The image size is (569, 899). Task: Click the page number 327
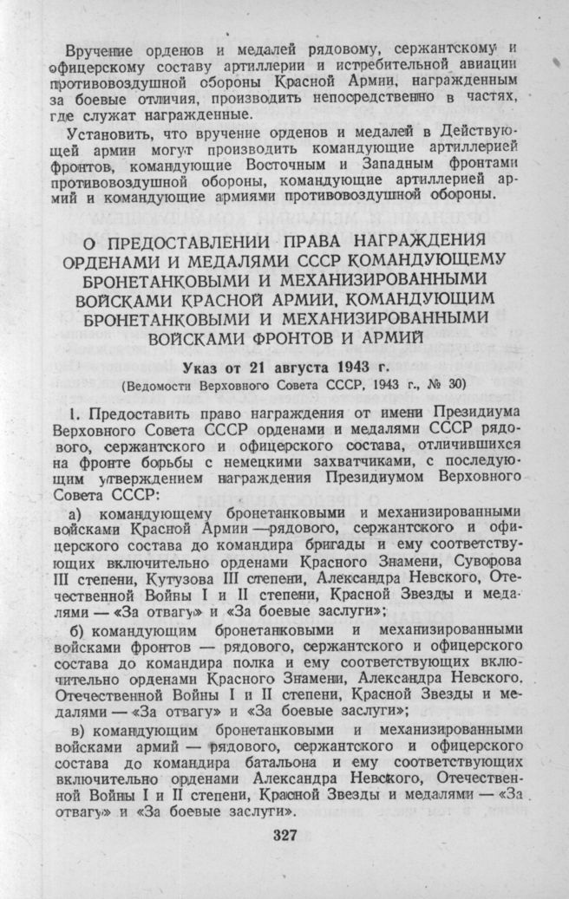284,836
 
